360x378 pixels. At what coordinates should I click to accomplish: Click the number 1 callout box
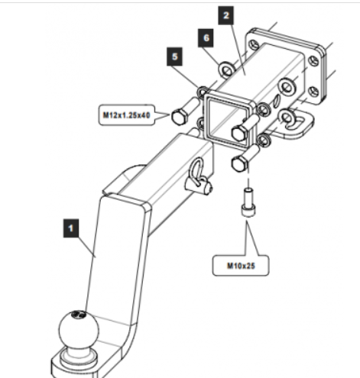click(x=71, y=228)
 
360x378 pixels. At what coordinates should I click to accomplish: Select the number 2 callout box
click(x=226, y=15)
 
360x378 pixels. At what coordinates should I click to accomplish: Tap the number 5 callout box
click(x=174, y=57)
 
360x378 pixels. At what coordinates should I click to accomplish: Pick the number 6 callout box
click(x=206, y=38)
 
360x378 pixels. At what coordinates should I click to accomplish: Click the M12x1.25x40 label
click(x=126, y=115)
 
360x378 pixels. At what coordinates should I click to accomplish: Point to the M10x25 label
click(x=241, y=266)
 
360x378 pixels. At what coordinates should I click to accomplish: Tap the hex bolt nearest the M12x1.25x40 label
click(x=185, y=111)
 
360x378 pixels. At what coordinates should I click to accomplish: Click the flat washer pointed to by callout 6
click(x=226, y=69)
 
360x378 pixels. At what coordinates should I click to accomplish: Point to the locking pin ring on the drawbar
click(x=198, y=170)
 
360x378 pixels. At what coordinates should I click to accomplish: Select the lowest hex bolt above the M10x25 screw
click(x=245, y=159)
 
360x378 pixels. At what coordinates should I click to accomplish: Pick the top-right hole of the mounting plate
click(x=313, y=61)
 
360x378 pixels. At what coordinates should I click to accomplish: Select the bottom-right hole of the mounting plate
click(x=313, y=92)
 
